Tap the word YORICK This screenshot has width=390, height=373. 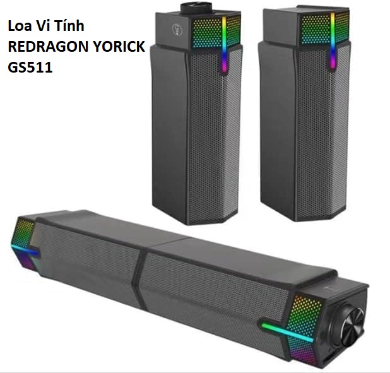[117, 47]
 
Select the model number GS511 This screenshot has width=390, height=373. [30, 67]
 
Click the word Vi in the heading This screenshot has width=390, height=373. [46, 26]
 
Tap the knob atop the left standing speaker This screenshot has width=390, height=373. [196, 8]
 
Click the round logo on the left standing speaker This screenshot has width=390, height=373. [177, 30]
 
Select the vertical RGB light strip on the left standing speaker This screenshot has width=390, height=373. [224, 44]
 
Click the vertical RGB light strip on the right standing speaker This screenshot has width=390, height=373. [333, 40]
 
